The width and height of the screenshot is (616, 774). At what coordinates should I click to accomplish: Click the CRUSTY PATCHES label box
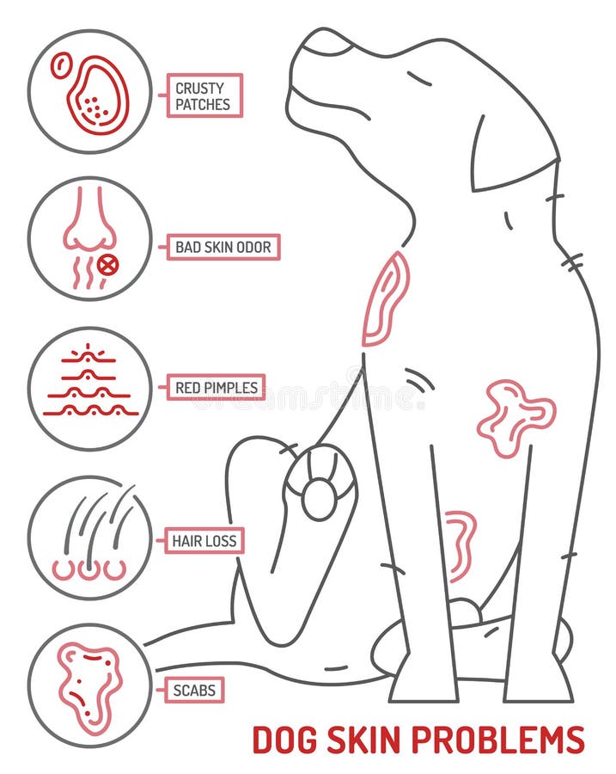point(204,95)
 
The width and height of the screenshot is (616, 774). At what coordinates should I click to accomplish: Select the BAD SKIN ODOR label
point(223,248)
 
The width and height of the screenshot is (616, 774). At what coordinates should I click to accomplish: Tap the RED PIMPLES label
point(216,388)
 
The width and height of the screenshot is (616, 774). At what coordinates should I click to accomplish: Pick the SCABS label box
point(192,688)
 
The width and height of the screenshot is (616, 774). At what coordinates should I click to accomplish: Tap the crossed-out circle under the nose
point(107,265)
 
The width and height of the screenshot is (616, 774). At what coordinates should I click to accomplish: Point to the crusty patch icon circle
point(89,92)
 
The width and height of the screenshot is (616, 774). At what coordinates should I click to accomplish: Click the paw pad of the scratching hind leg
point(319,498)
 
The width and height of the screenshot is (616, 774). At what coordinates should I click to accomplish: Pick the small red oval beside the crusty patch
point(61,64)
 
